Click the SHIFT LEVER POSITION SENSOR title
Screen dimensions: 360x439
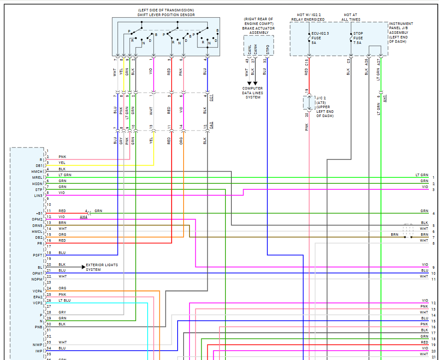166,15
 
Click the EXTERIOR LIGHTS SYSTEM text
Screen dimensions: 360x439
102,267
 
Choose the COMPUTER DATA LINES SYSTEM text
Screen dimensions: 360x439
252,93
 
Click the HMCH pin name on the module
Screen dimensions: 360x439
37,172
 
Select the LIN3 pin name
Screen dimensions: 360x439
38,195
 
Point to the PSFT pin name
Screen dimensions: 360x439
38,255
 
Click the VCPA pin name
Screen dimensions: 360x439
38,291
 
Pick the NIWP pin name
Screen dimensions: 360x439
38,345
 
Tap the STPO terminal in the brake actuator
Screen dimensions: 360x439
267,50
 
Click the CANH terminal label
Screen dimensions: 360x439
255,50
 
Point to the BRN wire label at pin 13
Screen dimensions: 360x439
62,222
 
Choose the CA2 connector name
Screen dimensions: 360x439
211,125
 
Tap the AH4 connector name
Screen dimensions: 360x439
83,217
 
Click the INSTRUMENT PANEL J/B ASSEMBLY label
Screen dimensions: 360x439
401,33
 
